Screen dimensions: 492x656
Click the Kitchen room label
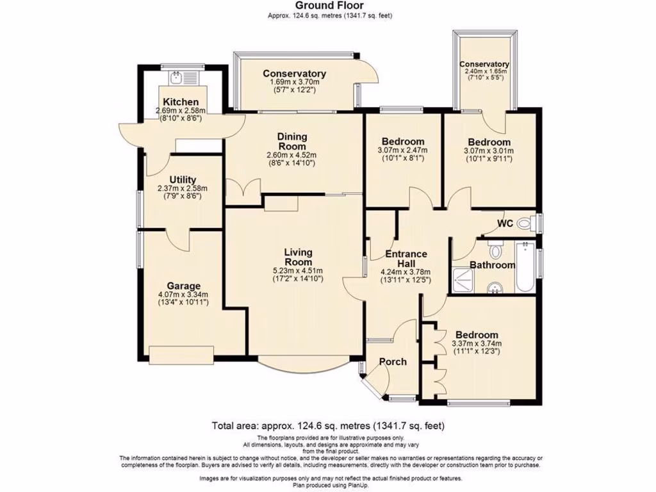(180, 102)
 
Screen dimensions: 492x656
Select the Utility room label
(183, 179)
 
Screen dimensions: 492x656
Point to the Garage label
(184, 286)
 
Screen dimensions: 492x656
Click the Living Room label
(298, 257)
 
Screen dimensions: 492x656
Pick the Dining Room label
(292, 141)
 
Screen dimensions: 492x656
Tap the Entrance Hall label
(406, 258)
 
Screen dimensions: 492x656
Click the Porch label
(393, 361)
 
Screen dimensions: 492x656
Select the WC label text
(506, 224)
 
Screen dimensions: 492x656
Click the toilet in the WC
(527, 224)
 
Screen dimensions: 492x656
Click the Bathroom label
(492, 265)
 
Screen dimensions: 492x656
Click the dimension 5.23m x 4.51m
(298, 270)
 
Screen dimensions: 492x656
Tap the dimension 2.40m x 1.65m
(484, 71)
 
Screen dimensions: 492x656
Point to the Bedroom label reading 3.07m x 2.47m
(402, 142)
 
